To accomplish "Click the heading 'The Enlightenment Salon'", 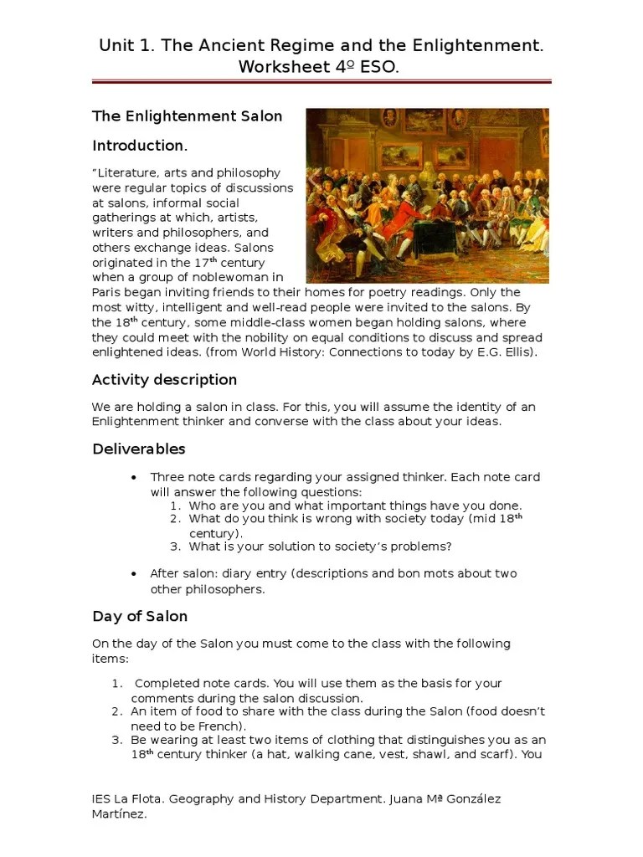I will point(187,115).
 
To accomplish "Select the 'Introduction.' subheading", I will point(139,146).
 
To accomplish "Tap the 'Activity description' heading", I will point(164,380).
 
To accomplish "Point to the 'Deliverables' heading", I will point(138,449).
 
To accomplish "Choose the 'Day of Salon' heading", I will point(140,617).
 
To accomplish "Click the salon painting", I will point(427,195).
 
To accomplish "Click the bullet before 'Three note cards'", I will point(134,477).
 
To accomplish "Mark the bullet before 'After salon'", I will point(134,573).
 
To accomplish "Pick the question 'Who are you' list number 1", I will point(175,505).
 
